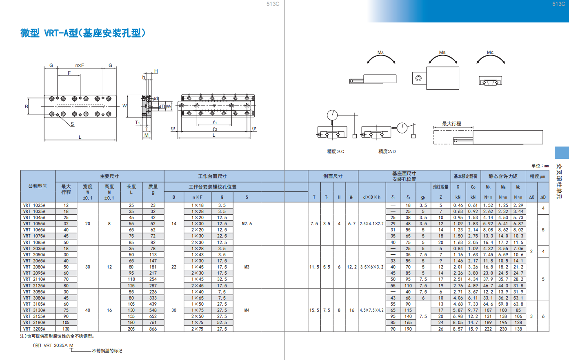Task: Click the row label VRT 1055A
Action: (34, 224)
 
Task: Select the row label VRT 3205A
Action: (34, 329)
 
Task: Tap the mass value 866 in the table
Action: (153, 329)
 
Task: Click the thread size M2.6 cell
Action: (247, 224)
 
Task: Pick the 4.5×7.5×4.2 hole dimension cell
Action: (371, 310)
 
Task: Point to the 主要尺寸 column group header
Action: (109, 176)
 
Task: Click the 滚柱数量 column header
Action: (440, 187)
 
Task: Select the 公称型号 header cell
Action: (38, 186)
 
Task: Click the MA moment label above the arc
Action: (380, 52)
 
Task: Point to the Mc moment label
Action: (490, 52)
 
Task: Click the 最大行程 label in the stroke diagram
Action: (451, 124)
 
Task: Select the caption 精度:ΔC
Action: (335, 151)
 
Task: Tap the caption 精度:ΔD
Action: (387, 151)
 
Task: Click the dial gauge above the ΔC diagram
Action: (332, 115)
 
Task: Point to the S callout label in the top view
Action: (72, 124)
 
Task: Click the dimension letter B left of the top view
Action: (26, 107)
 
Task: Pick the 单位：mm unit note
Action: (540, 166)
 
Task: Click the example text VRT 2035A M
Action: (58, 345)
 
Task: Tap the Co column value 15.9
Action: (473, 329)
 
